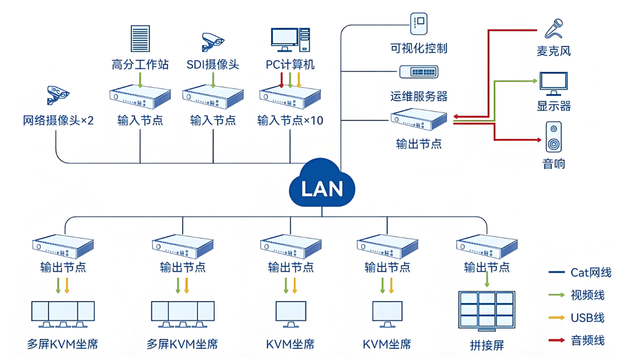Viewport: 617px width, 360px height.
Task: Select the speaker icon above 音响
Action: [554, 137]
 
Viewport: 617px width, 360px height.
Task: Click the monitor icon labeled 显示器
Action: [553, 84]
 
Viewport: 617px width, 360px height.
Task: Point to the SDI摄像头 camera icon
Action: [213, 41]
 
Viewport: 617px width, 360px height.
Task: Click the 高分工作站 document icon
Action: [140, 38]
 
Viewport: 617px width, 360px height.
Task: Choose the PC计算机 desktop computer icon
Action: [290, 40]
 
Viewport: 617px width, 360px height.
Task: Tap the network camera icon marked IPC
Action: [57, 95]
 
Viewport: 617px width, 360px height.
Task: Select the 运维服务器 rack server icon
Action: [419, 72]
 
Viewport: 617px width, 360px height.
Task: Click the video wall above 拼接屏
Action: [487, 310]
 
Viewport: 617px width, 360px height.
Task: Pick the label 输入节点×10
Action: [290, 120]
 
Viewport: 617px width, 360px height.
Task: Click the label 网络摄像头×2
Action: [58, 120]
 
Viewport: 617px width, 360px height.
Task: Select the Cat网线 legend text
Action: [591, 273]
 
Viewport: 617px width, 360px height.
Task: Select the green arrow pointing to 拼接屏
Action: [487, 280]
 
